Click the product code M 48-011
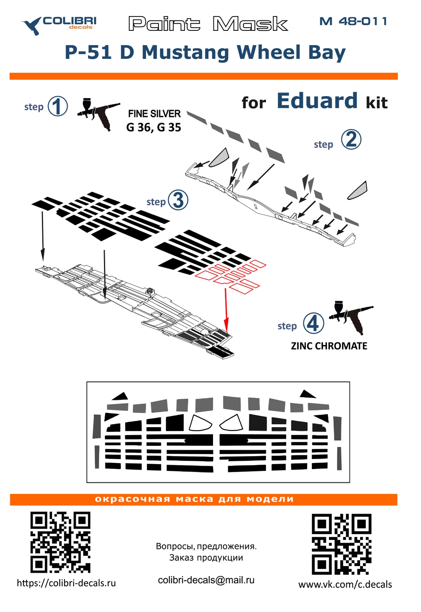tap(353, 21)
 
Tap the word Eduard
tap(317, 101)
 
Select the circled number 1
tap(58, 106)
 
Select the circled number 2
tap(351, 139)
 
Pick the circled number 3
tap(178, 200)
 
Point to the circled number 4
tap(314, 323)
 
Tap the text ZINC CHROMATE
tap(329, 346)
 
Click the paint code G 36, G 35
tap(154, 127)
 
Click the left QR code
tap(60, 542)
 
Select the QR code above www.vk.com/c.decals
tap(341, 544)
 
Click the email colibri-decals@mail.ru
tap(206, 580)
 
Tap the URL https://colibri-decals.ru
tap(66, 583)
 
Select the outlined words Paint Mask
tap(208, 24)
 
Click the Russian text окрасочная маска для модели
tap(194, 499)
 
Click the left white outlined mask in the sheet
tap(200, 423)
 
